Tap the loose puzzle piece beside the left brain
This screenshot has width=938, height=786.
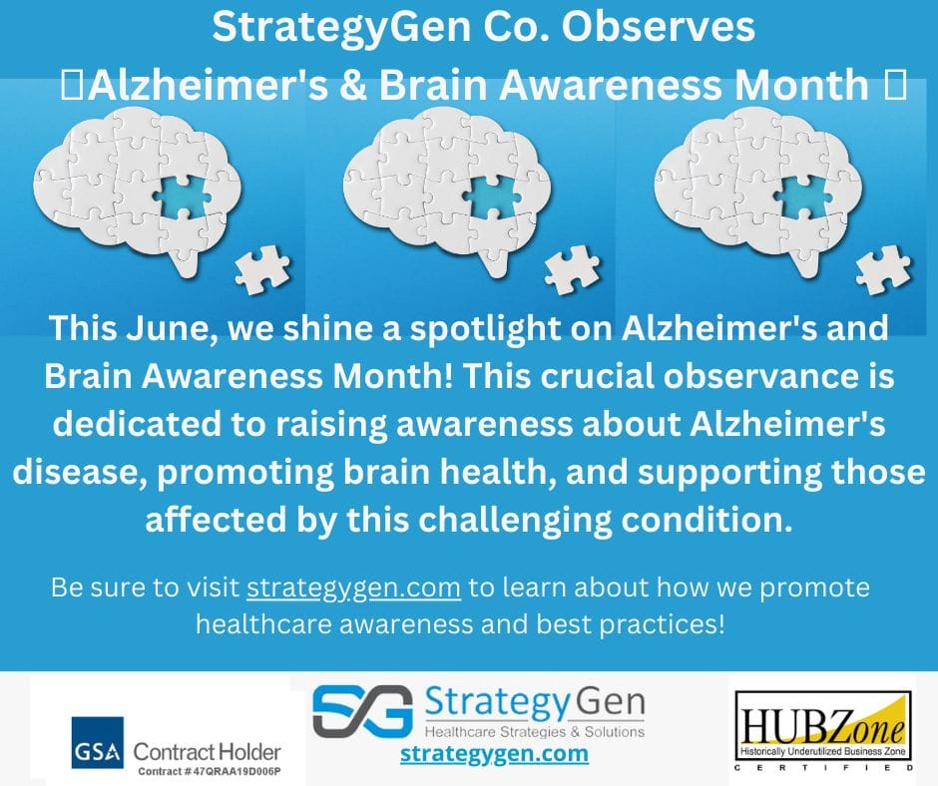(262, 269)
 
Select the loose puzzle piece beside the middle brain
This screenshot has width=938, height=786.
(572, 271)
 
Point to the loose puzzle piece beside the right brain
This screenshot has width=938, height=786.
(883, 271)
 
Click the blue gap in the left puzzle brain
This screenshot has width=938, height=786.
(186, 196)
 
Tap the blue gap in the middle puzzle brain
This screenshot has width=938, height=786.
(495, 196)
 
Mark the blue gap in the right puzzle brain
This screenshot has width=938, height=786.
(806, 196)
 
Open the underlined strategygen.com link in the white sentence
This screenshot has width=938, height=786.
(353, 588)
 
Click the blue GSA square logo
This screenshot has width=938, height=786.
(98, 742)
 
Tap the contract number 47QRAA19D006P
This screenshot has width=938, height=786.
(237, 771)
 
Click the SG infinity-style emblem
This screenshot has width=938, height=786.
(363, 712)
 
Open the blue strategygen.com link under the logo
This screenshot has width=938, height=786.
(494, 752)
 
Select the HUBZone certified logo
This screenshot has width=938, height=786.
(823, 731)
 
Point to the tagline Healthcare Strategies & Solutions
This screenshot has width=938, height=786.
(535, 731)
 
